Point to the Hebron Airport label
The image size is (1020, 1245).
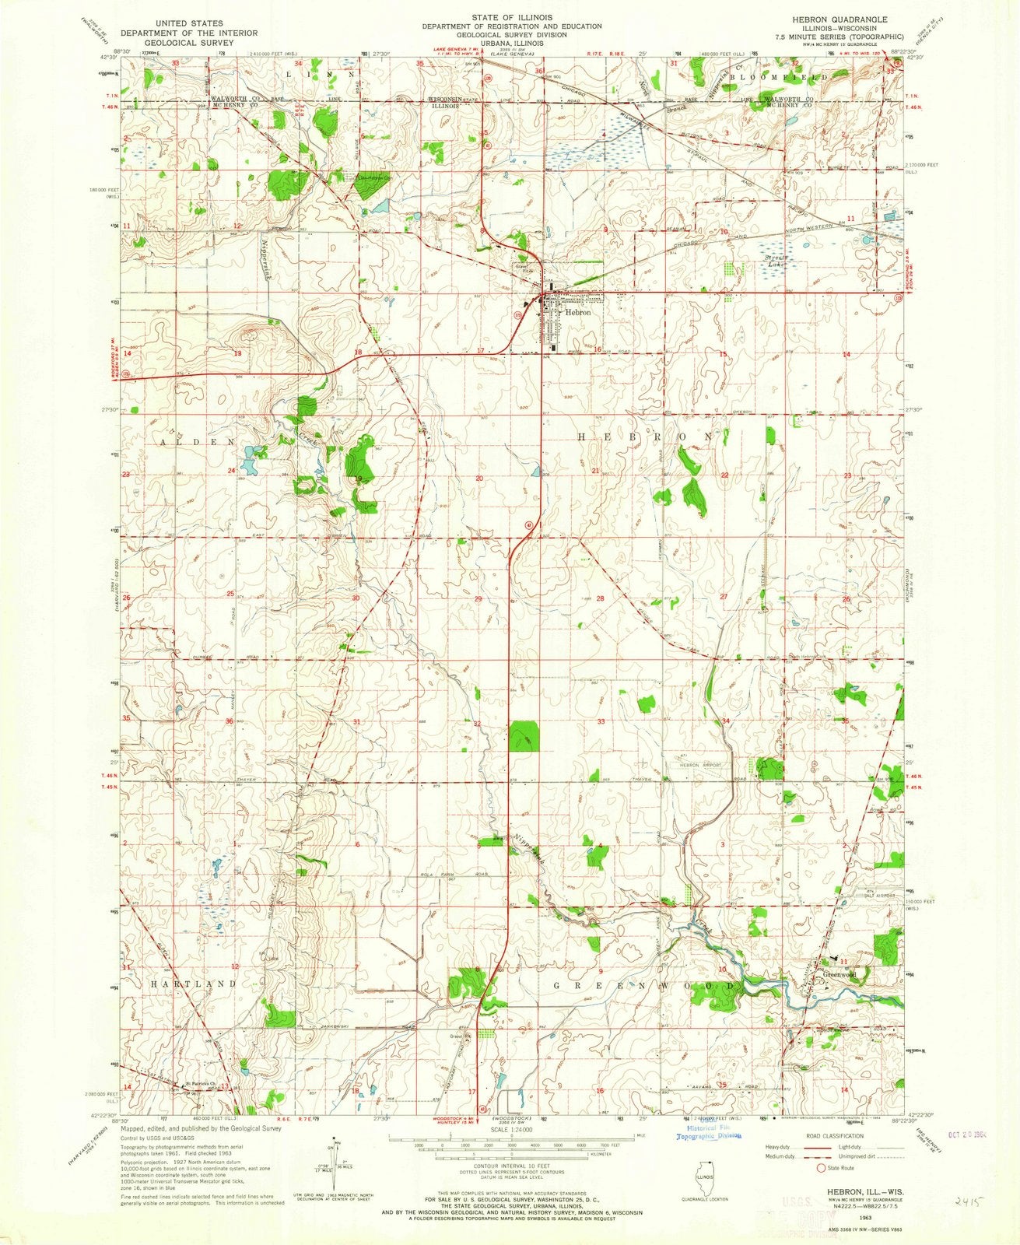pyautogui.click(x=701, y=766)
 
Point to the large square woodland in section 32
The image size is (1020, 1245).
pyautogui.click(x=524, y=736)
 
